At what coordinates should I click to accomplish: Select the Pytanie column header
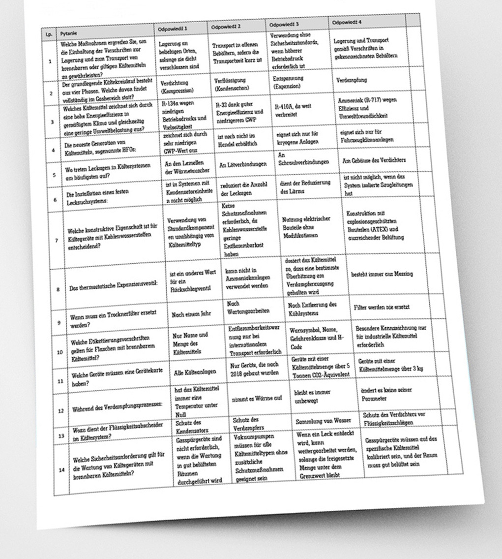(x=67, y=33)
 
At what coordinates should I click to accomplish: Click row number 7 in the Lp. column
(x=57, y=241)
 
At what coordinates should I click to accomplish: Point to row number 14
(x=61, y=470)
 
